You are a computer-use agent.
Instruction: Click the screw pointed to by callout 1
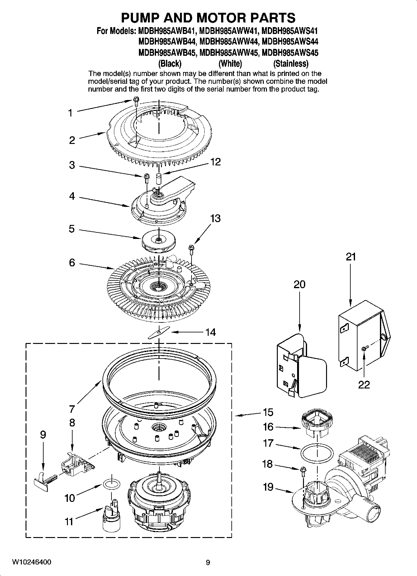click(136, 101)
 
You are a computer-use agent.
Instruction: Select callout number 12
click(215, 162)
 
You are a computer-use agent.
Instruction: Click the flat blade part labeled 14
click(159, 332)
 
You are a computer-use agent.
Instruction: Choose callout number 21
click(351, 257)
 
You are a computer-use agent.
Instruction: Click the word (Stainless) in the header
click(291, 64)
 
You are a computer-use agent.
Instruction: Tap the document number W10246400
click(32, 562)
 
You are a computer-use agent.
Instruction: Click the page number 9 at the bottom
click(208, 563)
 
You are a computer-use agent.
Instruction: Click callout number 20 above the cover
click(299, 284)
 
